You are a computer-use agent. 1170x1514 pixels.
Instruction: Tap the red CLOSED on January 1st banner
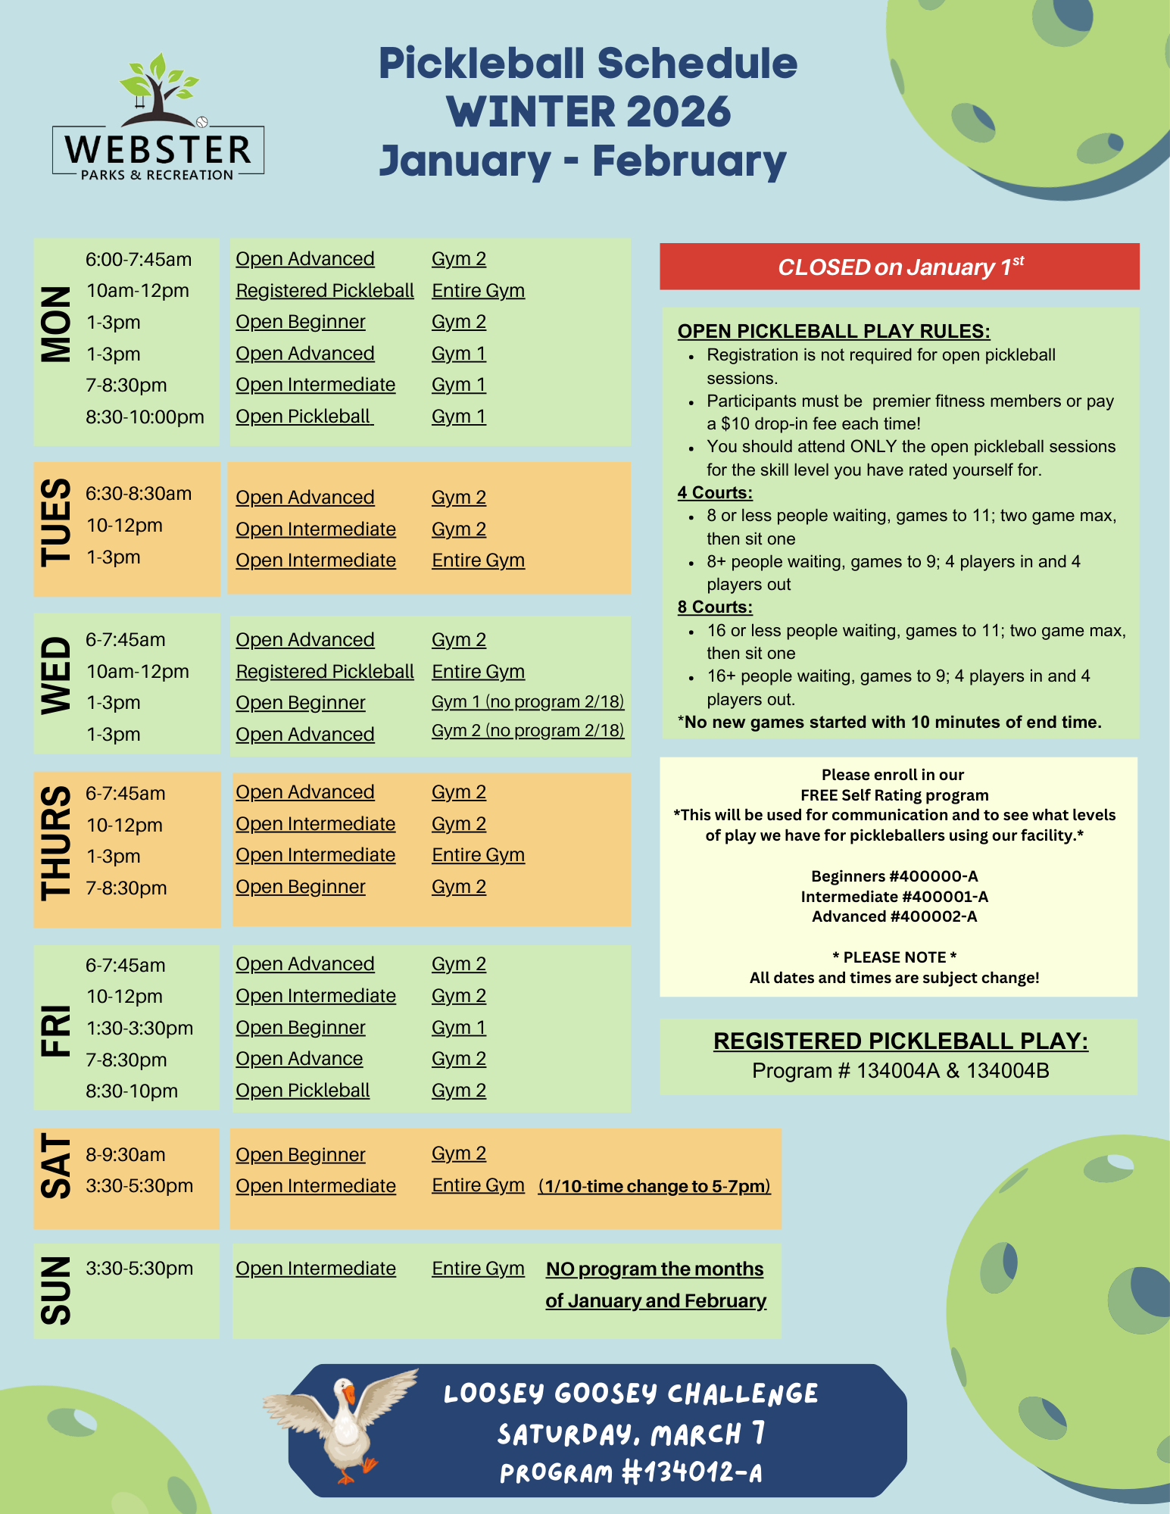point(899,267)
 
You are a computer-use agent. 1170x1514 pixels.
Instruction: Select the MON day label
point(55,324)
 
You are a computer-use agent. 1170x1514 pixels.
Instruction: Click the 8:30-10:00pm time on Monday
point(145,417)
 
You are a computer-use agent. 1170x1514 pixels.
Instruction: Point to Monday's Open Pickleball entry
point(304,417)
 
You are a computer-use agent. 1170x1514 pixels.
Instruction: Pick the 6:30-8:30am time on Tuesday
point(139,494)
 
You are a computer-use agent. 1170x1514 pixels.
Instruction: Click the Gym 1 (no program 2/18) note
point(528,702)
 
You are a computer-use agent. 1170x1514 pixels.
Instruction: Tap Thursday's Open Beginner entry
point(301,887)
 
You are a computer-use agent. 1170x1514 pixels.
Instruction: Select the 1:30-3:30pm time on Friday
point(139,1029)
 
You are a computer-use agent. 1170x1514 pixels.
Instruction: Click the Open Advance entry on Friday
point(299,1059)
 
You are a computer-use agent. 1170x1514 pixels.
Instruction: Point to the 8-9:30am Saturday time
point(126,1155)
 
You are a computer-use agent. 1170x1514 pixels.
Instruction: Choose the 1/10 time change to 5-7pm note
point(654,1186)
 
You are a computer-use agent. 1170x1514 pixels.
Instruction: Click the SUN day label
point(55,1291)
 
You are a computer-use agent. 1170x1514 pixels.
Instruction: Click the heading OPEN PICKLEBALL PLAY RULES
point(834,331)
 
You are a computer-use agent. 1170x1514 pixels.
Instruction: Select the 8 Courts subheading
point(715,607)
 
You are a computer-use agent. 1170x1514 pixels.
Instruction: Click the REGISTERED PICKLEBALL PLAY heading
point(900,1041)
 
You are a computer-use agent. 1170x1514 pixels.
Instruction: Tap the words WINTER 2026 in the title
point(588,112)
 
